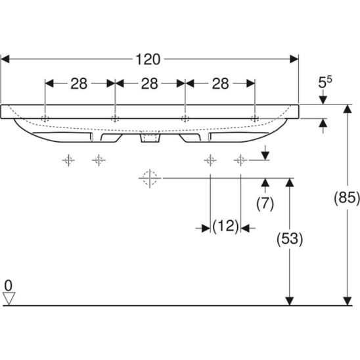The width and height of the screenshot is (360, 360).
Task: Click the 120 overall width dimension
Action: [x=148, y=60]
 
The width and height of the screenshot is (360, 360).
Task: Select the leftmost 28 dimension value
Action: [x=79, y=83]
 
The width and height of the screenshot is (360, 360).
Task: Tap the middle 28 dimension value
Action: [x=150, y=83]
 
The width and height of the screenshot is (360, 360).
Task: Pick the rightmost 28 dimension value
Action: [x=221, y=83]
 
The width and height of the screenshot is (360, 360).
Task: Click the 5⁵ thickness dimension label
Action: [x=325, y=82]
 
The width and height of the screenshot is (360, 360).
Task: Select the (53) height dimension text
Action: [x=290, y=238]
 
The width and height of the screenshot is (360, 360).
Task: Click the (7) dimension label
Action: [x=265, y=204]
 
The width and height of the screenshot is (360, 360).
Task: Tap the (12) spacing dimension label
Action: [x=225, y=227]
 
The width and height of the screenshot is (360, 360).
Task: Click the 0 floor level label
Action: [x=9, y=286]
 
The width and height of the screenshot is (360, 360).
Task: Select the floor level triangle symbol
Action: [x=9, y=298]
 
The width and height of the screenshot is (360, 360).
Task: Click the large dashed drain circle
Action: [x=150, y=178]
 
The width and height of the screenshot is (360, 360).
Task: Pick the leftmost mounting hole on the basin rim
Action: [x=45, y=119]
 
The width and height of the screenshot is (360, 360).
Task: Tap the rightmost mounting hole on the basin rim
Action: [x=255, y=119]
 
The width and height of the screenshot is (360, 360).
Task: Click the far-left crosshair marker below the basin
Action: [x=68, y=160]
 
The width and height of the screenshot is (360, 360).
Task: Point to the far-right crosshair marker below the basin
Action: [x=240, y=160]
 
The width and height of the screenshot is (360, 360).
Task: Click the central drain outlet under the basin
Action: [x=150, y=138]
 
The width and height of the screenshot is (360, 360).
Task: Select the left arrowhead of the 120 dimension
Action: [x=5, y=59]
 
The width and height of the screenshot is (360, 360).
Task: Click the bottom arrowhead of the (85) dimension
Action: [x=348, y=301]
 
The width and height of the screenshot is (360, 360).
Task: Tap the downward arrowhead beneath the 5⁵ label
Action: [x=323, y=100]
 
